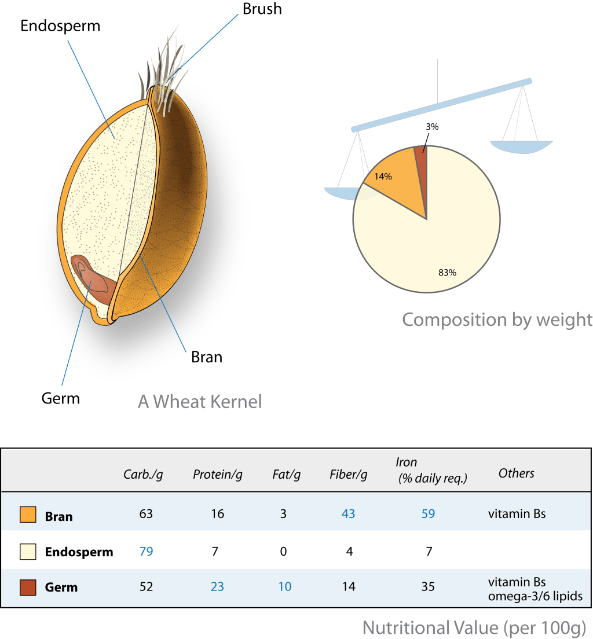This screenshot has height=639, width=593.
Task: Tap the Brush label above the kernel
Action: point(262,9)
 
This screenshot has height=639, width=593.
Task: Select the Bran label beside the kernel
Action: point(206,357)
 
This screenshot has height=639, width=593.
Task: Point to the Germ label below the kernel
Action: point(60,398)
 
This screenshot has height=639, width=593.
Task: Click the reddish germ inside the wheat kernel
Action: point(96,280)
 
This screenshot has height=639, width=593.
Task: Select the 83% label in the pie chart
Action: point(448,272)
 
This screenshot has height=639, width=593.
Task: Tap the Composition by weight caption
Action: point(497,319)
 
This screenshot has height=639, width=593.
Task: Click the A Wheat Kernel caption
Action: point(200,401)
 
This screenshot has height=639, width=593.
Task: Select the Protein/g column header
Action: point(217,475)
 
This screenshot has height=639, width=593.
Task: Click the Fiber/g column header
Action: point(349,475)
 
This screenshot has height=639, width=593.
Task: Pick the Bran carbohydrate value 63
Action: point(146,514)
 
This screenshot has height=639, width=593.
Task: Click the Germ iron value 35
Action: point(428,587)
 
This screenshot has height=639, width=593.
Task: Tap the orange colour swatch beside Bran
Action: point(28,515)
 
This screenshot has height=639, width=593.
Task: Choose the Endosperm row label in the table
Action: point(79,552)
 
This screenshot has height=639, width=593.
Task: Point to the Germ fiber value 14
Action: point(349,587)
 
